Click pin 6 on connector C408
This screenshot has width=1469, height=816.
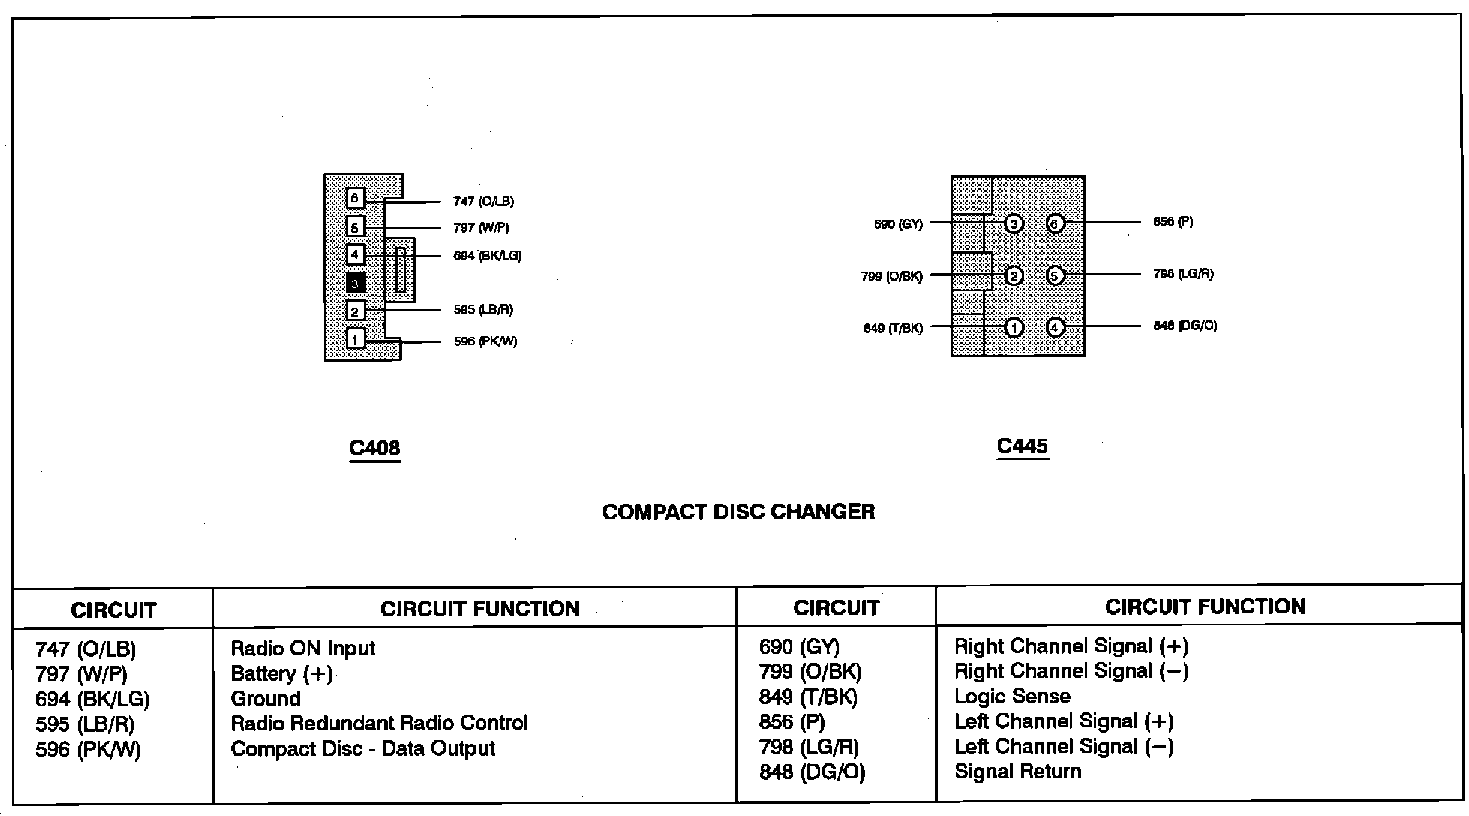point(356,198)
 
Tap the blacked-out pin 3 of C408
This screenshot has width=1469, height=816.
point(356,283)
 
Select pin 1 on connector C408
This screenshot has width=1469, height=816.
point(356,340)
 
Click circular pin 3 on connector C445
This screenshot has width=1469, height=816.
point(1014,224)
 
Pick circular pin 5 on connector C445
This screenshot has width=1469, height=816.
point(1055,276)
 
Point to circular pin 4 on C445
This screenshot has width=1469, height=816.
point(1055,328)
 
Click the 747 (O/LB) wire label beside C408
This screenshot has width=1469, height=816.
point(483,202)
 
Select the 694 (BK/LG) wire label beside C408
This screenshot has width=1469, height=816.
point(487,256)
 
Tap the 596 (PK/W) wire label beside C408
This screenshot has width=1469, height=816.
point(485,341)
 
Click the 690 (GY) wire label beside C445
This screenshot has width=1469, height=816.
point(898,224)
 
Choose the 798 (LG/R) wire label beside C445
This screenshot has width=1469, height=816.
point(1183,274)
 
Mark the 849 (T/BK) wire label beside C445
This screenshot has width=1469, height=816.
point(893,328)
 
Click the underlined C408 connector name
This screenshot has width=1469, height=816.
point(374,448)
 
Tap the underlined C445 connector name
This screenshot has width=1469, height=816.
point(1022,446)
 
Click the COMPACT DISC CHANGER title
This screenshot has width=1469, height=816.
point(738,512)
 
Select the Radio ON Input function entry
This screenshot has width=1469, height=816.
point(302,649)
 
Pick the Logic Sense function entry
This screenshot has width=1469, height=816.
point(1012,697)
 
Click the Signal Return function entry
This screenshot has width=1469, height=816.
point(1017,772)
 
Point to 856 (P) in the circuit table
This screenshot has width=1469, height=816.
point(792,722)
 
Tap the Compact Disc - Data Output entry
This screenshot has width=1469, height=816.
point(362,749)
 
